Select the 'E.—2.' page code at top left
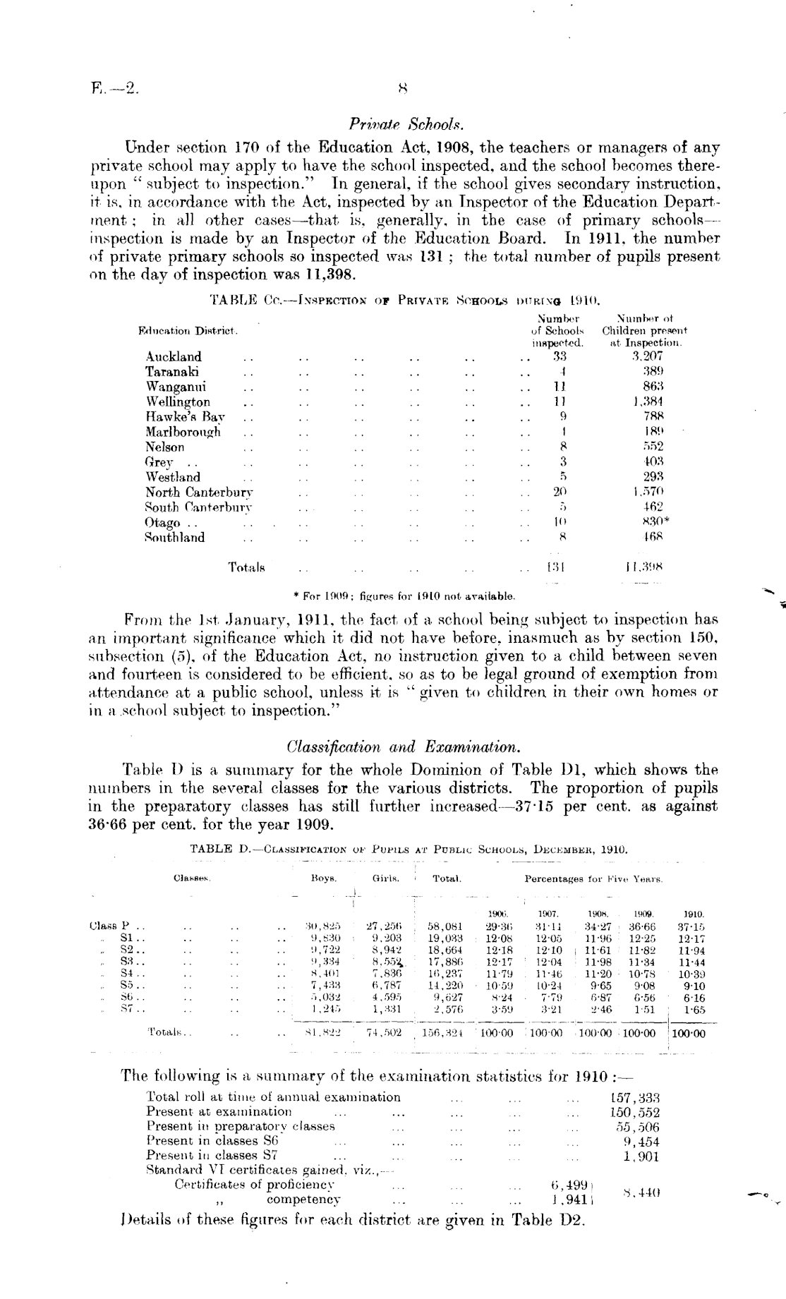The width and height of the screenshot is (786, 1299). point(116,90)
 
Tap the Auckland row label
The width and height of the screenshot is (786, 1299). point(174,356)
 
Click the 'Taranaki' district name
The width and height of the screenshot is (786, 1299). point(172,371)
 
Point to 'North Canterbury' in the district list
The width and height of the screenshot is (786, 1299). point(199,492)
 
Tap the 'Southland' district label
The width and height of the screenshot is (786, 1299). point(175,537)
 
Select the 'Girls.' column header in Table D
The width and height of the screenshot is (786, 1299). point(386,878)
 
